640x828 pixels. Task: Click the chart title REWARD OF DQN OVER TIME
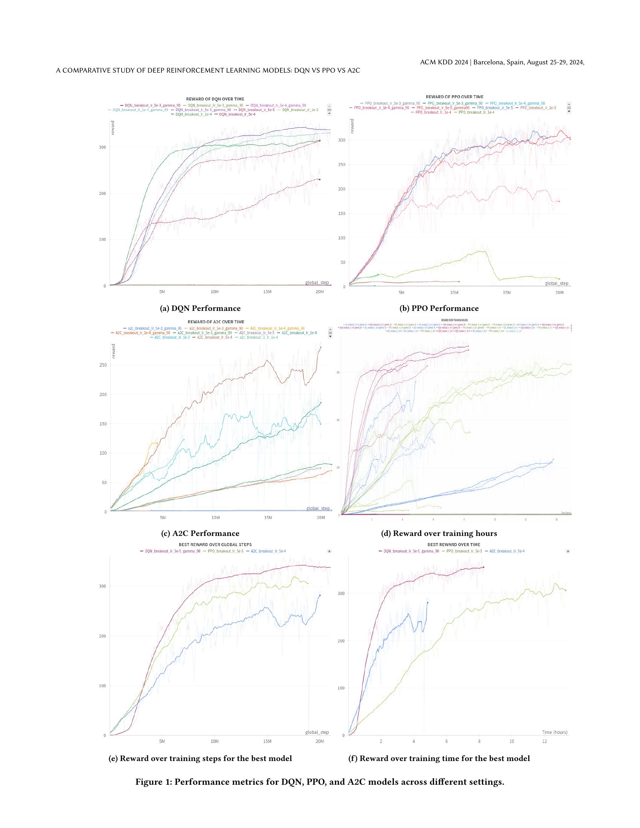[x=215, y=99]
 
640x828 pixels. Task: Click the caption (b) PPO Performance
[x=439, y=308]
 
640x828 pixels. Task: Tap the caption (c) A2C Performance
[x=200, y=533]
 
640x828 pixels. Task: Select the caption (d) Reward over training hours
[x=439, y=533]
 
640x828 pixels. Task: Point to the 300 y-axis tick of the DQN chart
[x=102, y=147]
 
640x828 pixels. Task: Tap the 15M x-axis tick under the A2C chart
[x=268, y=517]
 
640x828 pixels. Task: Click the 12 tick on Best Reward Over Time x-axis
[x=544, y=741]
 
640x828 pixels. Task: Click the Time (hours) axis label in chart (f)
[x=554, y=732]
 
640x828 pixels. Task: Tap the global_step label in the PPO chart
[x=556, y=283]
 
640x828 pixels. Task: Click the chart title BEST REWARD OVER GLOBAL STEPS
[x=215, y=545]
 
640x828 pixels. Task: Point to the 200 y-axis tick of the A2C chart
[x=102, y=394]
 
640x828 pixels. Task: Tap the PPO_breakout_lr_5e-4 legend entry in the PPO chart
[x=476, y=112]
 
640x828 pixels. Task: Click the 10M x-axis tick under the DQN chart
[x=214, y=292]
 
